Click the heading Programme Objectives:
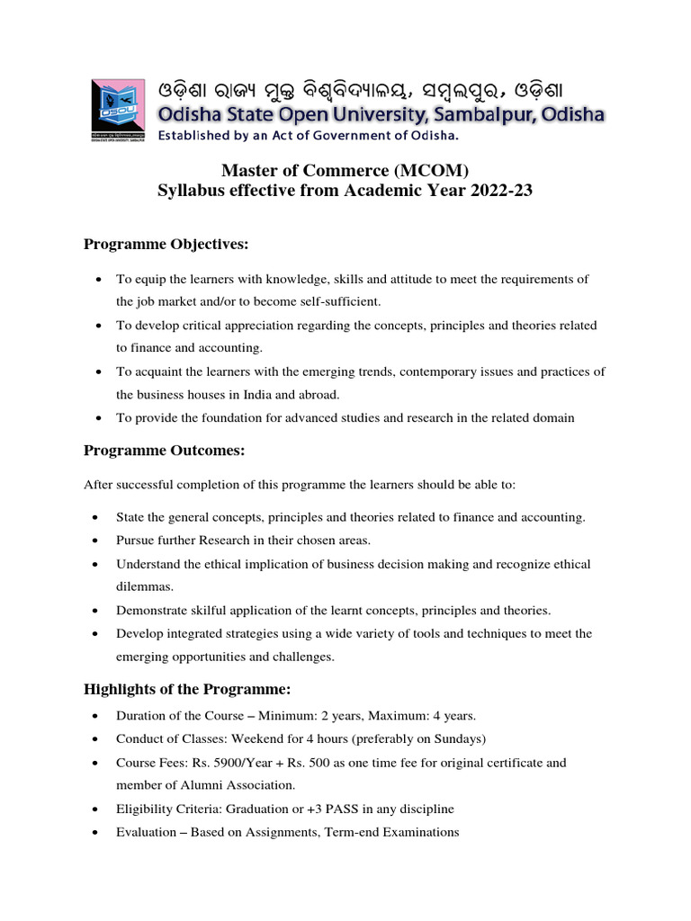coord(166,245)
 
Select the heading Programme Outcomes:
coord(164,450)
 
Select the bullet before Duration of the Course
coord(95,717)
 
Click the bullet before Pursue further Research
coord(95,541)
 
